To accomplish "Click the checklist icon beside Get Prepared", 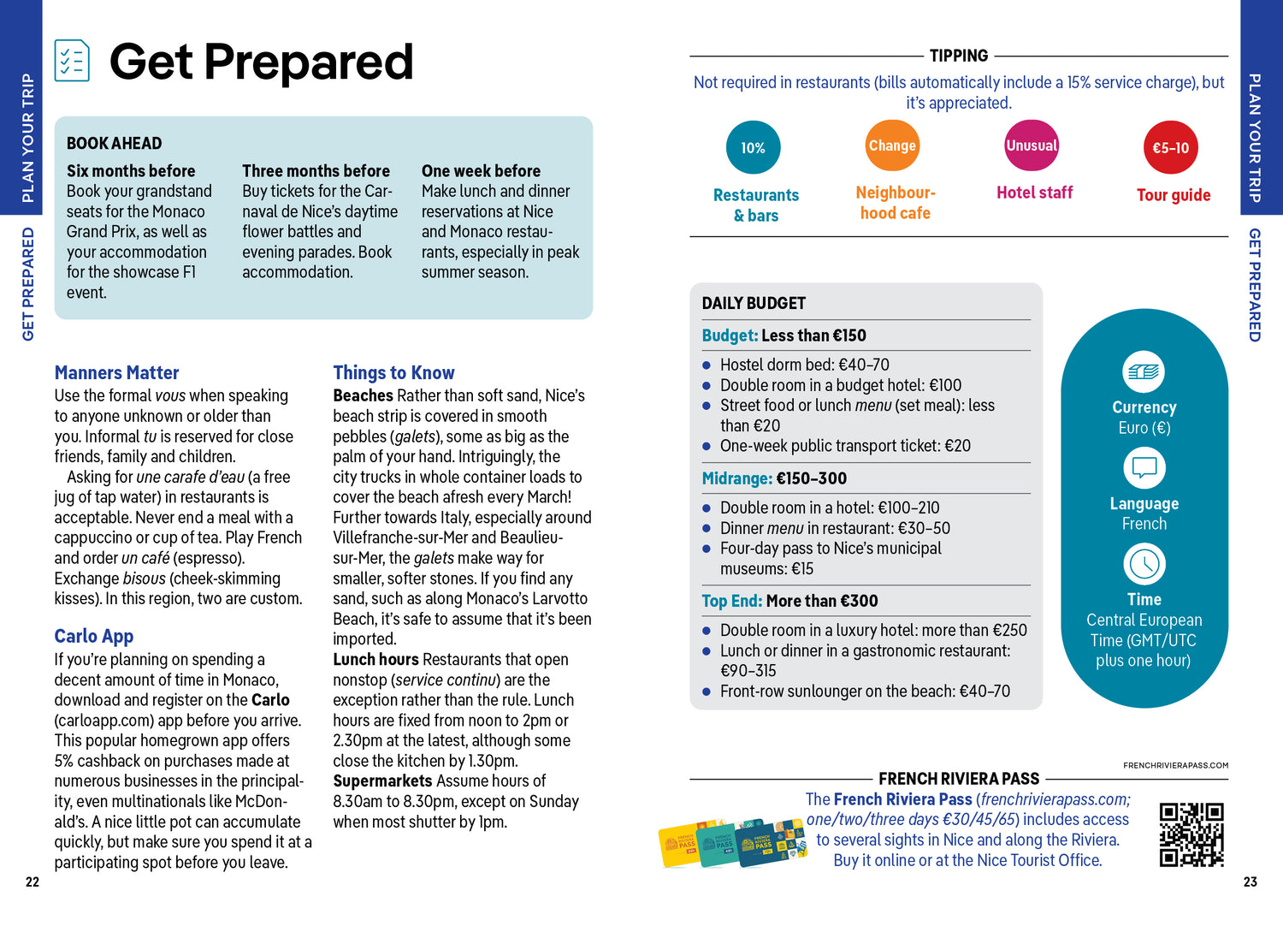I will (72, 61).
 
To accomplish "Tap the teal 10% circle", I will (753, 148).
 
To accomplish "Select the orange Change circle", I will (892, 146).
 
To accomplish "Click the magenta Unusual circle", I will (1032, 146).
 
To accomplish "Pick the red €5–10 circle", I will (1170, 148).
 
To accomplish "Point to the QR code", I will (1191, 834).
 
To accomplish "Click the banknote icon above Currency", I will (1144, 372).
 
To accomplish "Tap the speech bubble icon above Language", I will (1144, 468).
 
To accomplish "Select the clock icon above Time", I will (1144, 564).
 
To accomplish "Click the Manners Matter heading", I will (116, 373).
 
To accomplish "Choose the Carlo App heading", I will (94, 637).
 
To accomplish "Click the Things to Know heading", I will (393, 373).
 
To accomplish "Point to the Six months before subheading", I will (131, 171).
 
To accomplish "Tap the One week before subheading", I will (481, 171).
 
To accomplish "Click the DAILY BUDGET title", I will (754, 304).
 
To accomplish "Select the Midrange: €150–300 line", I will (774, 478).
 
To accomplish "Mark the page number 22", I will (33, 882).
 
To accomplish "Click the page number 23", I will (1250, 882).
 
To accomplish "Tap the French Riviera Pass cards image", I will (732, 844).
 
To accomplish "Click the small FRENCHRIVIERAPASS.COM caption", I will (1175, 766).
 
